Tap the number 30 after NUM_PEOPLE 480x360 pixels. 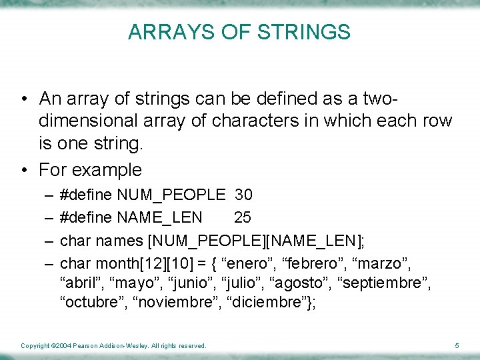tap(243, 195)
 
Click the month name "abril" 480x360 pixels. tap(80, 283)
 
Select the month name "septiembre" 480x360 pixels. tap(385, 283)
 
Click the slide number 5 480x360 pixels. tap(457, 345)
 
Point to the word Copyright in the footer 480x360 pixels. tap(35, 345)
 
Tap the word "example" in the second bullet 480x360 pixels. tap(107, 169)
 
